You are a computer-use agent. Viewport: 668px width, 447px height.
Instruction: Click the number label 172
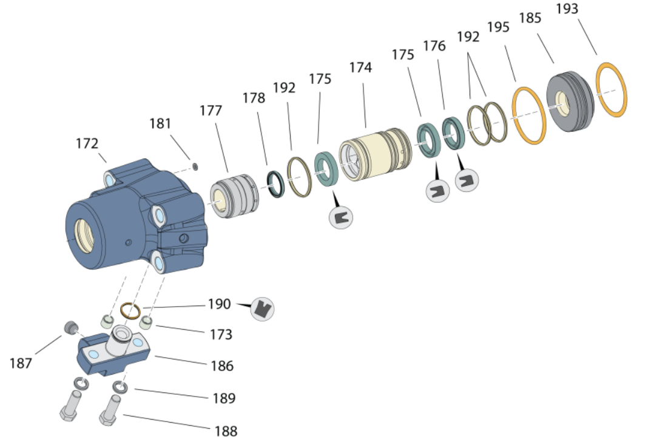pyautogui.click(x=87, y=143)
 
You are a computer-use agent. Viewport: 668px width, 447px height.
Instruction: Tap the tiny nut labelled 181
pyautogui.click(x=195, y=166)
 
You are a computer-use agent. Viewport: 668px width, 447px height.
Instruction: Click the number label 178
pyautogui.click(x=254, y=98)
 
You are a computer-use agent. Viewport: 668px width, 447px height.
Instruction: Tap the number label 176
pyautogui.click(x=434, y=46)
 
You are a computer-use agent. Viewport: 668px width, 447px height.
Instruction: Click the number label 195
pyautogui.click(x=498, y=27)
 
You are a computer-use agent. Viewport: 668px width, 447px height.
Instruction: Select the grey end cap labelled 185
pyautogui.click(x=570, y=102)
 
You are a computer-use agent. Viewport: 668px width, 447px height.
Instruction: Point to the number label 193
pyautogui.click(x=567, y=9)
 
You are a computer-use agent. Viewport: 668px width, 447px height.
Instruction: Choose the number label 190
pyautogui.click(x=219, y=304)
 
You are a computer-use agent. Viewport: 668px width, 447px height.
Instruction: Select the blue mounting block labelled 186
pyautogui.click(x=109, y=352)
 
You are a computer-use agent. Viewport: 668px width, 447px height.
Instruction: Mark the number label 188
pyautogui.click(x=226, y=431)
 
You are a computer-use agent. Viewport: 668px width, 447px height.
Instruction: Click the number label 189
pyautogui.click(x=224, y=398)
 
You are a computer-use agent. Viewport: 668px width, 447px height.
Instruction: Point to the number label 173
pyautogui.click(x=221, y=334)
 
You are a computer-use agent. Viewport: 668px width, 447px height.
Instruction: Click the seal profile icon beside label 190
pyautogui.click(x=263, y=309)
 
